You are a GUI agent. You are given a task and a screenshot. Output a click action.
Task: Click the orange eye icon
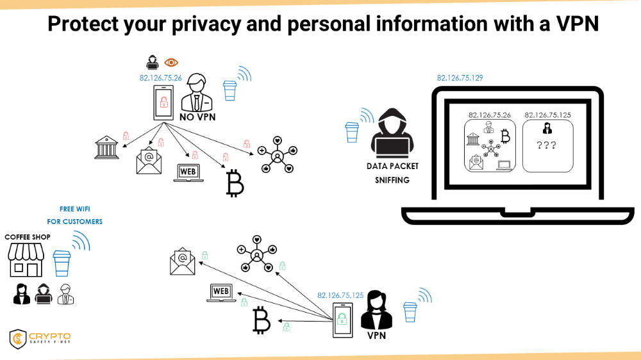coord(171,63)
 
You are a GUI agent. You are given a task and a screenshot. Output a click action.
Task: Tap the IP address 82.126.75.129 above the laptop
coord(460,78)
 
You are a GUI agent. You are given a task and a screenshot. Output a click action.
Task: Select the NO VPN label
coord(197,117)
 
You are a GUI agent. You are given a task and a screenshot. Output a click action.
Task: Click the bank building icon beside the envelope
coord(106,147)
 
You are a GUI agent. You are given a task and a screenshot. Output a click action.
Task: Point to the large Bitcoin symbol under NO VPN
coord(235,183)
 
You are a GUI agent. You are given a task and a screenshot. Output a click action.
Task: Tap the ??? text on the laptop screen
coord(546,145)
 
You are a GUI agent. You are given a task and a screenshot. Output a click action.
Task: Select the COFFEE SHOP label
coord(28,237)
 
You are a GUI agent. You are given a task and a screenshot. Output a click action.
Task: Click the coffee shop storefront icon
coord(26,260)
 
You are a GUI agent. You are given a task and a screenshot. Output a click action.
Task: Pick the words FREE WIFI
coord(75,209)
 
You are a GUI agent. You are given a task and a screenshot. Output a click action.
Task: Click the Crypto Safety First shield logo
coord(17,339)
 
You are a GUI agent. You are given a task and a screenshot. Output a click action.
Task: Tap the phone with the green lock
coord(342,320)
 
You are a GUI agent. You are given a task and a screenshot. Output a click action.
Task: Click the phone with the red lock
coord(163,102)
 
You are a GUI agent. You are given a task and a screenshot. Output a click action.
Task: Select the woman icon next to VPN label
coord(376,310)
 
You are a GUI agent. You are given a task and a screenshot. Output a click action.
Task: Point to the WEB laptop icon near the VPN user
coord(221,293)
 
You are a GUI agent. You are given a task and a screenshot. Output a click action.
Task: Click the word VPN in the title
coord(578,24)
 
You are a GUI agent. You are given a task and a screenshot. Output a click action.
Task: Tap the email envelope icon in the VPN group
coord(182,261)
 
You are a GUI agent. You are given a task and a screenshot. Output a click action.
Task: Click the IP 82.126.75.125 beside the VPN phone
coord(340,295)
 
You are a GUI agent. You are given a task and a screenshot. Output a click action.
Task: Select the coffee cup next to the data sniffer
coord(351,133)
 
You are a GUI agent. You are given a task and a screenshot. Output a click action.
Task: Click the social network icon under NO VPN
coord(278,155)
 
